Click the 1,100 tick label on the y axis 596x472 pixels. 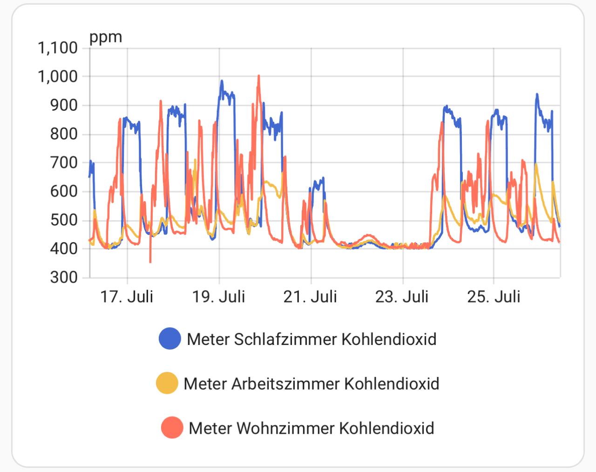57,48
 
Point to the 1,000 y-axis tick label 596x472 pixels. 57,77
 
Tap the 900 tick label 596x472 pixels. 64,106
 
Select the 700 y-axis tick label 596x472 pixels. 64,163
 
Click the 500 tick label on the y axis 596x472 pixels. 64,220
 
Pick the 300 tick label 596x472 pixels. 64,277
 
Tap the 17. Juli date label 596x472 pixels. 127,297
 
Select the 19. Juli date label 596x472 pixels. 218,297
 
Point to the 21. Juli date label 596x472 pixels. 310,297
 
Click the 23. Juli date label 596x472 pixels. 402,297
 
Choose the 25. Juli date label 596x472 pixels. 494,297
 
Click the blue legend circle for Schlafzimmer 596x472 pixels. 169,338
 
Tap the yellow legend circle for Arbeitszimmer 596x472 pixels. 167,383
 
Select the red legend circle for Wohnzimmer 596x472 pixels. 172,427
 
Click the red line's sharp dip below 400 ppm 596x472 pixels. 150,261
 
